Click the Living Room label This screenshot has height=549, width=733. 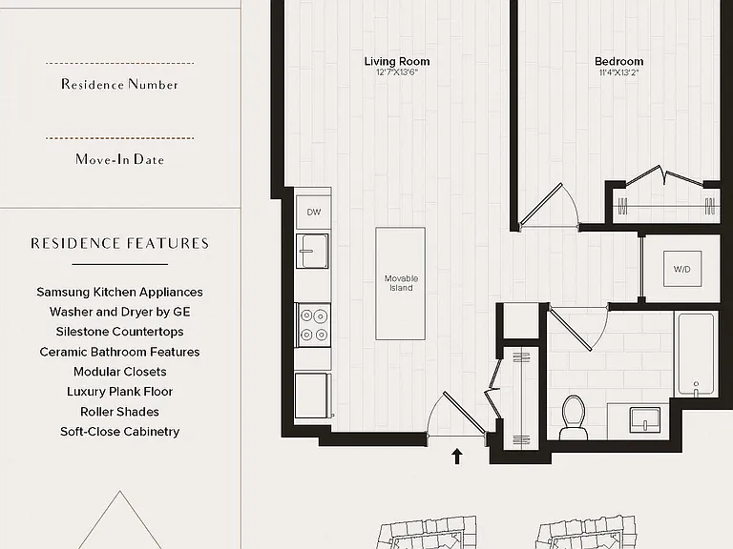(x=397, y=61)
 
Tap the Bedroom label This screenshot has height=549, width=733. (x=618, y=61)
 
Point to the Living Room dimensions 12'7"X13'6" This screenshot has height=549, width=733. (x=397, y=72)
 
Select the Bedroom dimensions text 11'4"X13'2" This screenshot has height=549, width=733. (x=618, y=72)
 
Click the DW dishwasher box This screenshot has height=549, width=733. (x=314, y=212)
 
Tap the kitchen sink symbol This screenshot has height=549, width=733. (x=312, y=251)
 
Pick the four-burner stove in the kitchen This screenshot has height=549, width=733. (x=313, y=325)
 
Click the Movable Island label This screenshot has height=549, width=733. (x=401, y=283)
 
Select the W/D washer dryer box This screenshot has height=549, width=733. (x=682, y=269)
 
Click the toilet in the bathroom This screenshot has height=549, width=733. (x=574, y=417)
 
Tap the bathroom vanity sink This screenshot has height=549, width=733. (x=645, y=419)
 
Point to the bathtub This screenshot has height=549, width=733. (x=696, y=354)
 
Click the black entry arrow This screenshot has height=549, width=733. (x=457, y=457)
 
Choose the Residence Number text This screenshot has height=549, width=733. (x=119, y=85)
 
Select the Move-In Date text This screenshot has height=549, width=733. (x=119, y=159)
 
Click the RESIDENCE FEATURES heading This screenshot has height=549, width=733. (x=119, y=243)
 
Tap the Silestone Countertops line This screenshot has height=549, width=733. (x=119, y=332)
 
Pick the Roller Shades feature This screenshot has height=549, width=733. (x=119, y=412)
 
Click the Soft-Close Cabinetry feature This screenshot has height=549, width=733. (x=119, y=432)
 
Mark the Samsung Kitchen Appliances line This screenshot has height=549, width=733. (x=119, y=292)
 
